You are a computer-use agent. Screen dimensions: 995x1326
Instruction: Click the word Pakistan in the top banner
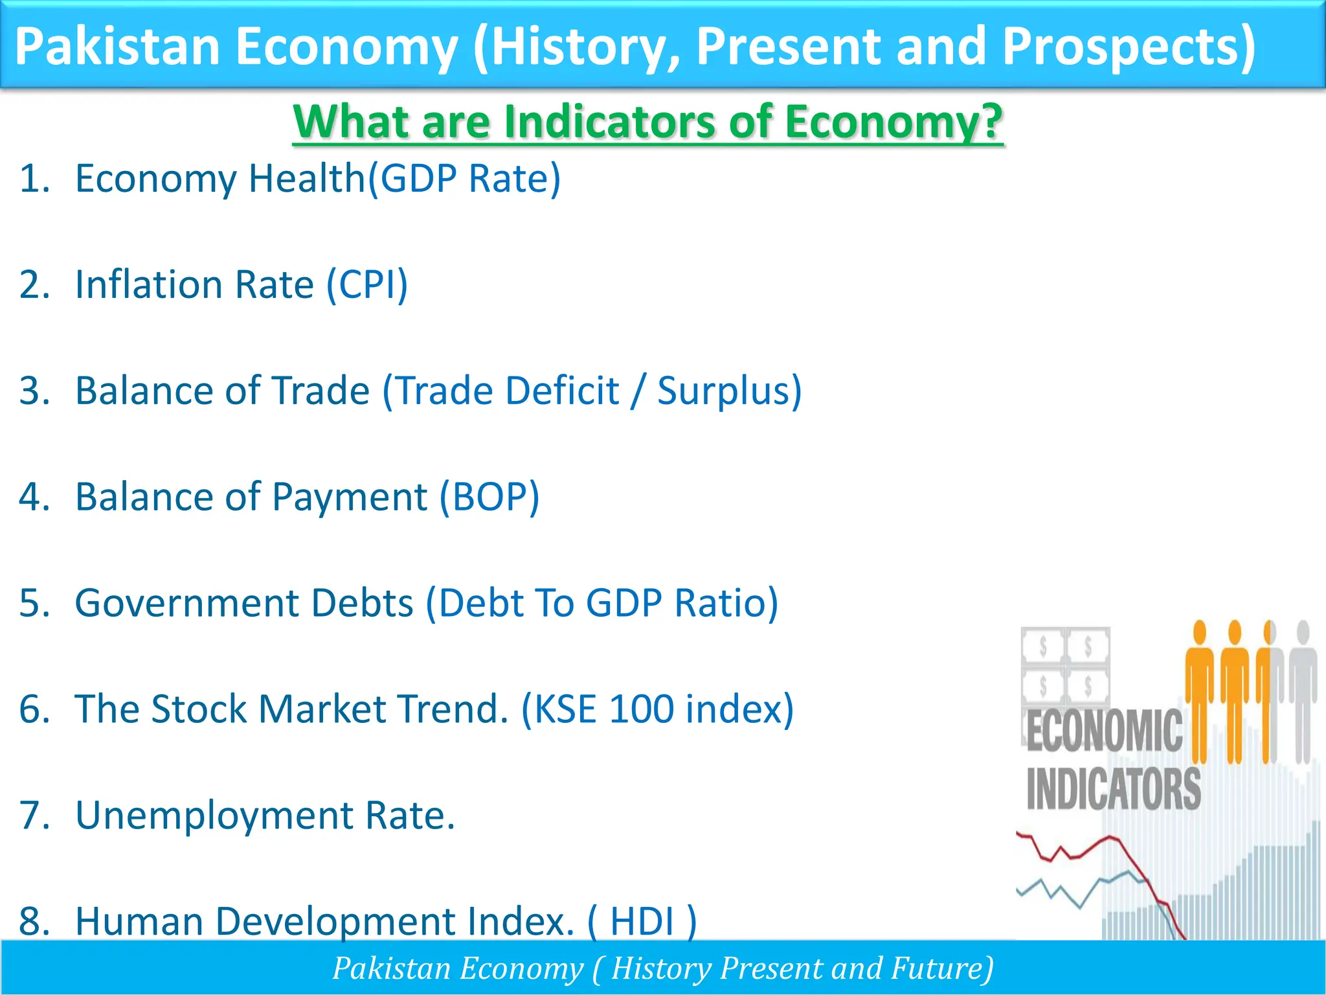(x=117, y=47)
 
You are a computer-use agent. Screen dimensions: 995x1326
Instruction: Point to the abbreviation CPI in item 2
(x=367, y=284)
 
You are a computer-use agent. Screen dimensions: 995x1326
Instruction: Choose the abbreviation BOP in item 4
(x=489, y=497)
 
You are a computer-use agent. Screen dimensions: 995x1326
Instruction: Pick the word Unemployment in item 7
(x=214, y=815)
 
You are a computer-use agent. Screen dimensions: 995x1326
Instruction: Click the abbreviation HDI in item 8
(x=642, y=921)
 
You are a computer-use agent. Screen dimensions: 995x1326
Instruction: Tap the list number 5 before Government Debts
(x=34, y=603)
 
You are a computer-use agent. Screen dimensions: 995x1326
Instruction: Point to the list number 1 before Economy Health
(x=34, y=179)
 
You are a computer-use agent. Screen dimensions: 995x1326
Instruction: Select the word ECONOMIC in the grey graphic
(x=1104, y=731)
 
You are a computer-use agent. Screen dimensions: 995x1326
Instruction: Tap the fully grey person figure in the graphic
(x=1303, y=687)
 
